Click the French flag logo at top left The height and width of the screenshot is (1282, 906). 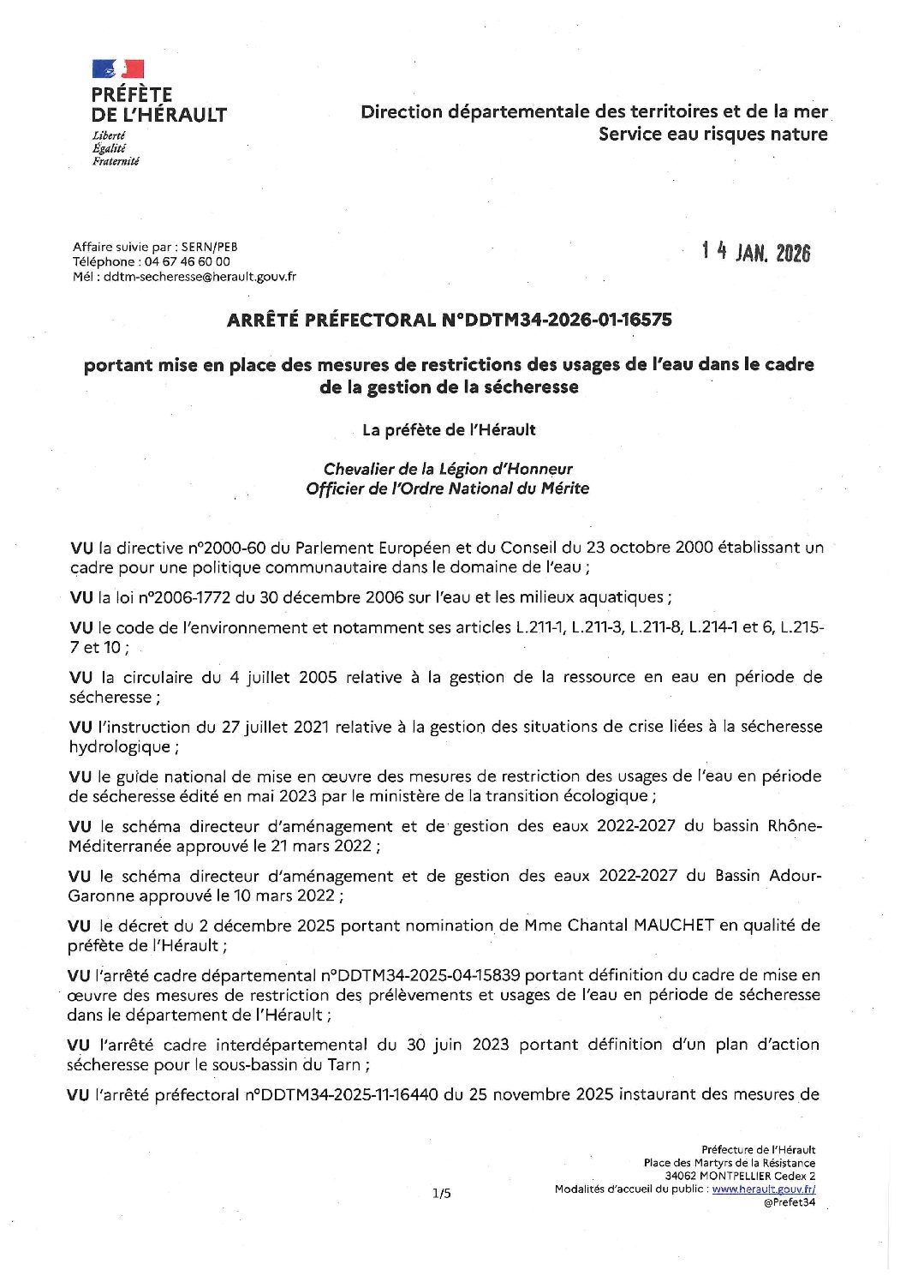click(118, 69)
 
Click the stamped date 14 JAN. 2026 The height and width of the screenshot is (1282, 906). click(755, 252)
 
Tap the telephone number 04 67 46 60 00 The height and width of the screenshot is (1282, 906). click(187, 261)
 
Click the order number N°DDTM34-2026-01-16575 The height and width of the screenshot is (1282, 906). click(557, 320)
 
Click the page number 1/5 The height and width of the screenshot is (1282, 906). click(441, 1192)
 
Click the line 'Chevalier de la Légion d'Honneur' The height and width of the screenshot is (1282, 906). click(448, 469)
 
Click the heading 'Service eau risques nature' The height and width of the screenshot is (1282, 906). click(712, 134)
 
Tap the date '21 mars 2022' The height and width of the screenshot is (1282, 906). click(323, 846)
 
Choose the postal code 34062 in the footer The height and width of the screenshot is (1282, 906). click(682, 1176)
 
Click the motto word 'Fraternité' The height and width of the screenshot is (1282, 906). click(116, 161)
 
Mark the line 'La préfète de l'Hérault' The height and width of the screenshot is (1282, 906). click(449, 429)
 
